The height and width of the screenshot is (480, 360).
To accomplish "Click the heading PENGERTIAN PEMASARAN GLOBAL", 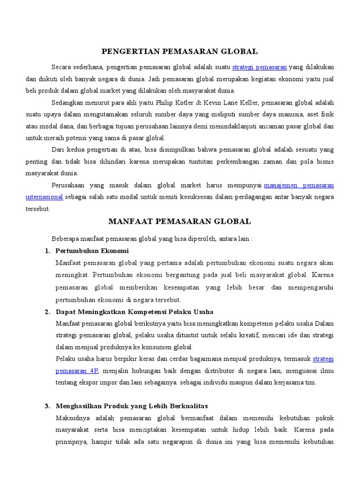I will coord(180,51).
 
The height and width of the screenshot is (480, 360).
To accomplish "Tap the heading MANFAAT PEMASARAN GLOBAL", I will coord(180,221).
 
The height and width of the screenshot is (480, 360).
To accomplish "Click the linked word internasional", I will coord(45,197).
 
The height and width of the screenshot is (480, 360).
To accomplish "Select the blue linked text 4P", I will coord(93,371).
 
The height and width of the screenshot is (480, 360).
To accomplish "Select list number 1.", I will coord(47,251).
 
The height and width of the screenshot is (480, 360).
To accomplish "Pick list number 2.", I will coord(47,312).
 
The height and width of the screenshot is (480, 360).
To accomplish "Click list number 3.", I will coord(47,406).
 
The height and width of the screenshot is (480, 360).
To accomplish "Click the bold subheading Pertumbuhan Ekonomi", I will coord(92,251).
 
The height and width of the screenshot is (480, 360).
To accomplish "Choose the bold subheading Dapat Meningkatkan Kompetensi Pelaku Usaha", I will coord(135,312).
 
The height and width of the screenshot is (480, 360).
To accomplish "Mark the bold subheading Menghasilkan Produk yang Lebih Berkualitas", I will coord(132,406).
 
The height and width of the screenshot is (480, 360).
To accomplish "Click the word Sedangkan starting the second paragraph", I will coord(68,103).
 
